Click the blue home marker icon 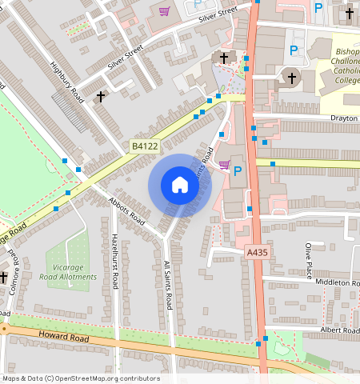tap(180, 185)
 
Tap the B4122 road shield tap(145, 146)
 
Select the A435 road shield tap(256, 252)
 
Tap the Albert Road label tap(339, 330)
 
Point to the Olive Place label tap(308, 261)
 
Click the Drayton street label tap(343, 118)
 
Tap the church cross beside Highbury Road tap(101, 96)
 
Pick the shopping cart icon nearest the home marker tap(224, 165)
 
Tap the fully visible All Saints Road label tap(168, 285)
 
